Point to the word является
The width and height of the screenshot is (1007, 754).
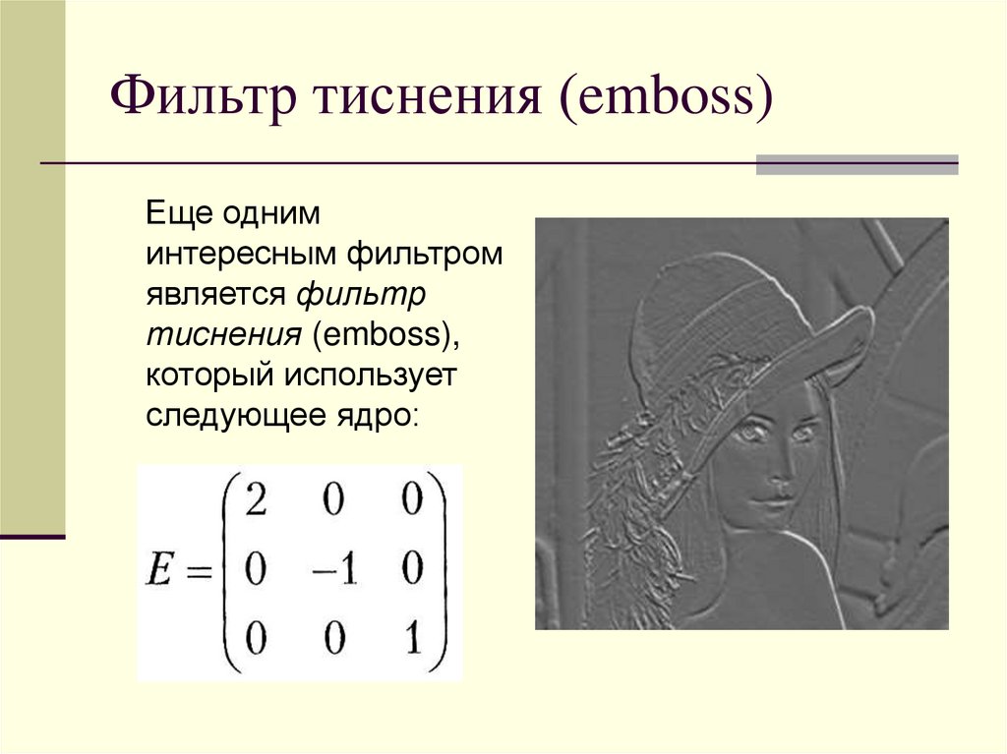[216, 294]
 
